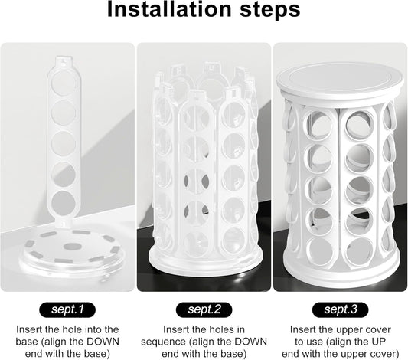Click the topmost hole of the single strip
pos(64,82)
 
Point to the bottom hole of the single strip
pos(63,203)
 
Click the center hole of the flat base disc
pos(70,246)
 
